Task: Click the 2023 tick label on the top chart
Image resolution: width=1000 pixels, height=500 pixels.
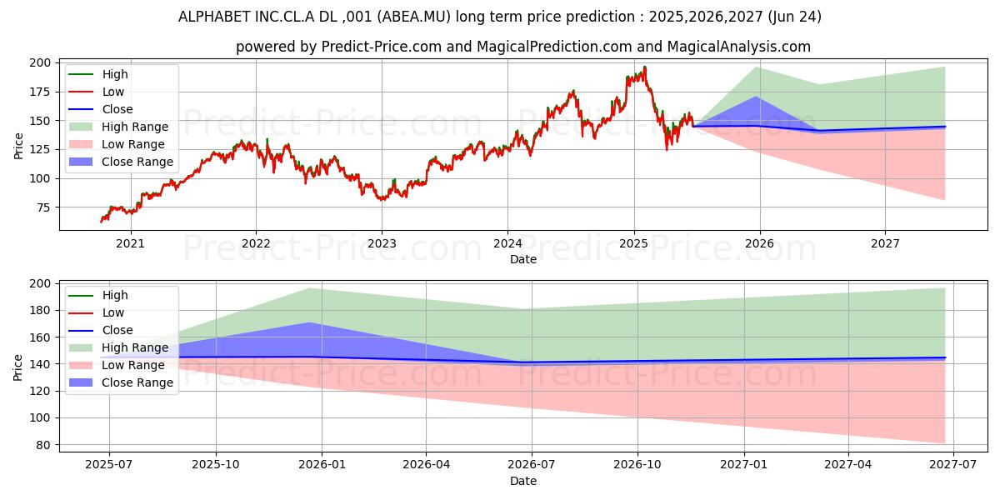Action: [382, 243]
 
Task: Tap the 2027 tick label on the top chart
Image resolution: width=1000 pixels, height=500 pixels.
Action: [885, 243]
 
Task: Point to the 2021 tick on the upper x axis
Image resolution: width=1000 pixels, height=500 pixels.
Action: [130, 243]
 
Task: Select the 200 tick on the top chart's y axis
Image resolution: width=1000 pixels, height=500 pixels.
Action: [40, 62]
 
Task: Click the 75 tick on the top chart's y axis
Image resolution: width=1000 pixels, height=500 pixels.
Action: [43, 207]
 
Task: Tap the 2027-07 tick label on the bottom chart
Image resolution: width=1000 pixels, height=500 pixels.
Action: [953, 464]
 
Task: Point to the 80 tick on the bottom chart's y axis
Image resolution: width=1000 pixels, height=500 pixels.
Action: [43, 444]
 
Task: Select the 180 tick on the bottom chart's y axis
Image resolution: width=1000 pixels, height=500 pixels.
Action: [40, 310]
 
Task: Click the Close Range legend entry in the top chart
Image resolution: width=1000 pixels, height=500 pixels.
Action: [137, 162]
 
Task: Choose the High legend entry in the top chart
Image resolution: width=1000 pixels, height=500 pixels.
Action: [115, 74]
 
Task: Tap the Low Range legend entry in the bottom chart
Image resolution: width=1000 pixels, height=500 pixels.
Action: [133, 365]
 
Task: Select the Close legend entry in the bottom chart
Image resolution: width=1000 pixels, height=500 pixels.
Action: [117, 330]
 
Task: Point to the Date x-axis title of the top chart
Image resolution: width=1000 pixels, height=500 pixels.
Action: [523, 259]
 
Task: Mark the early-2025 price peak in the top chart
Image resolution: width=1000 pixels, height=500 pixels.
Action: [644, 67]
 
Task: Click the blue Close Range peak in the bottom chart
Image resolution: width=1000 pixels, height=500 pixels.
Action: [310, 322]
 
